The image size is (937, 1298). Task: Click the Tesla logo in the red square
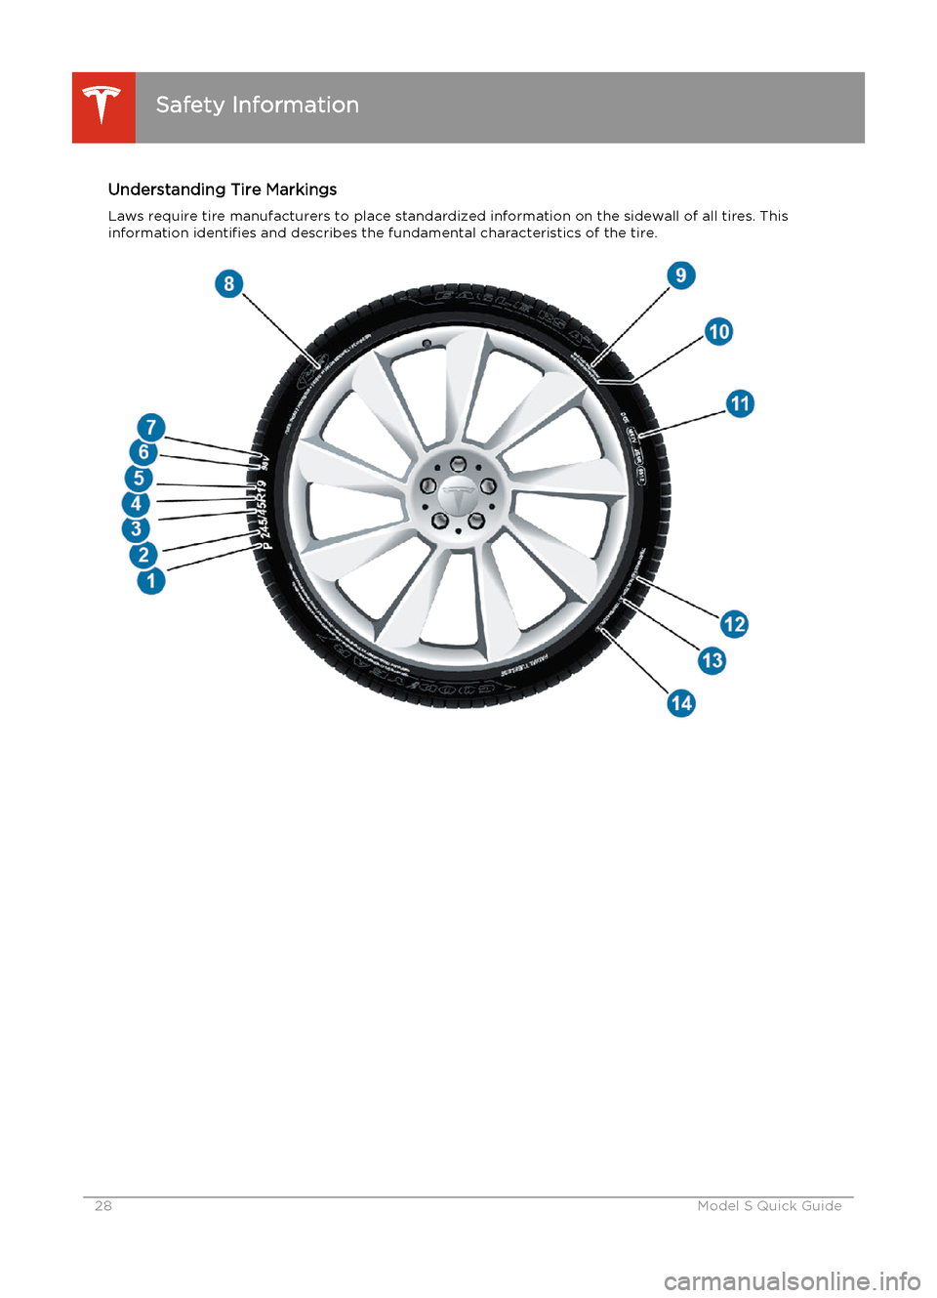pos(102,106)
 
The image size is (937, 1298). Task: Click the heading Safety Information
pos(257,105)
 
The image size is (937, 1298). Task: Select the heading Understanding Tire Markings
pos(223,189)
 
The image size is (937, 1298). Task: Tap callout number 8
pos(228,284)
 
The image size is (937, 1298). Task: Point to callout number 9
pos(681,275)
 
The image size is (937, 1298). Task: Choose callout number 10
pos(719,332)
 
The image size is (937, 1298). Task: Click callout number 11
pos(741,403)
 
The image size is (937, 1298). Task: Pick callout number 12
pos(734,624)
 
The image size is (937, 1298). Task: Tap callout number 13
pos(713,661)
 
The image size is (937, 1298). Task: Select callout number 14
pos(681,703)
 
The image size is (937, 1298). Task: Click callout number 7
pos(150,427)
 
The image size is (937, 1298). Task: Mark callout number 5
pos(139,479)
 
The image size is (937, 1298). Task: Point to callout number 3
pos(136,529)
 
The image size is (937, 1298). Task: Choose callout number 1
pos(150,581)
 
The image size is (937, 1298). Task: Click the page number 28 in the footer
pos(103,1206)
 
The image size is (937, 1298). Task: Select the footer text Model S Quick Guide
pos(769,1206)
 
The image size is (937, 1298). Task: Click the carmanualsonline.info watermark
pos(792,1279)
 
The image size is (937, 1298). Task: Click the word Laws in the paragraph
pos(126,216)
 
